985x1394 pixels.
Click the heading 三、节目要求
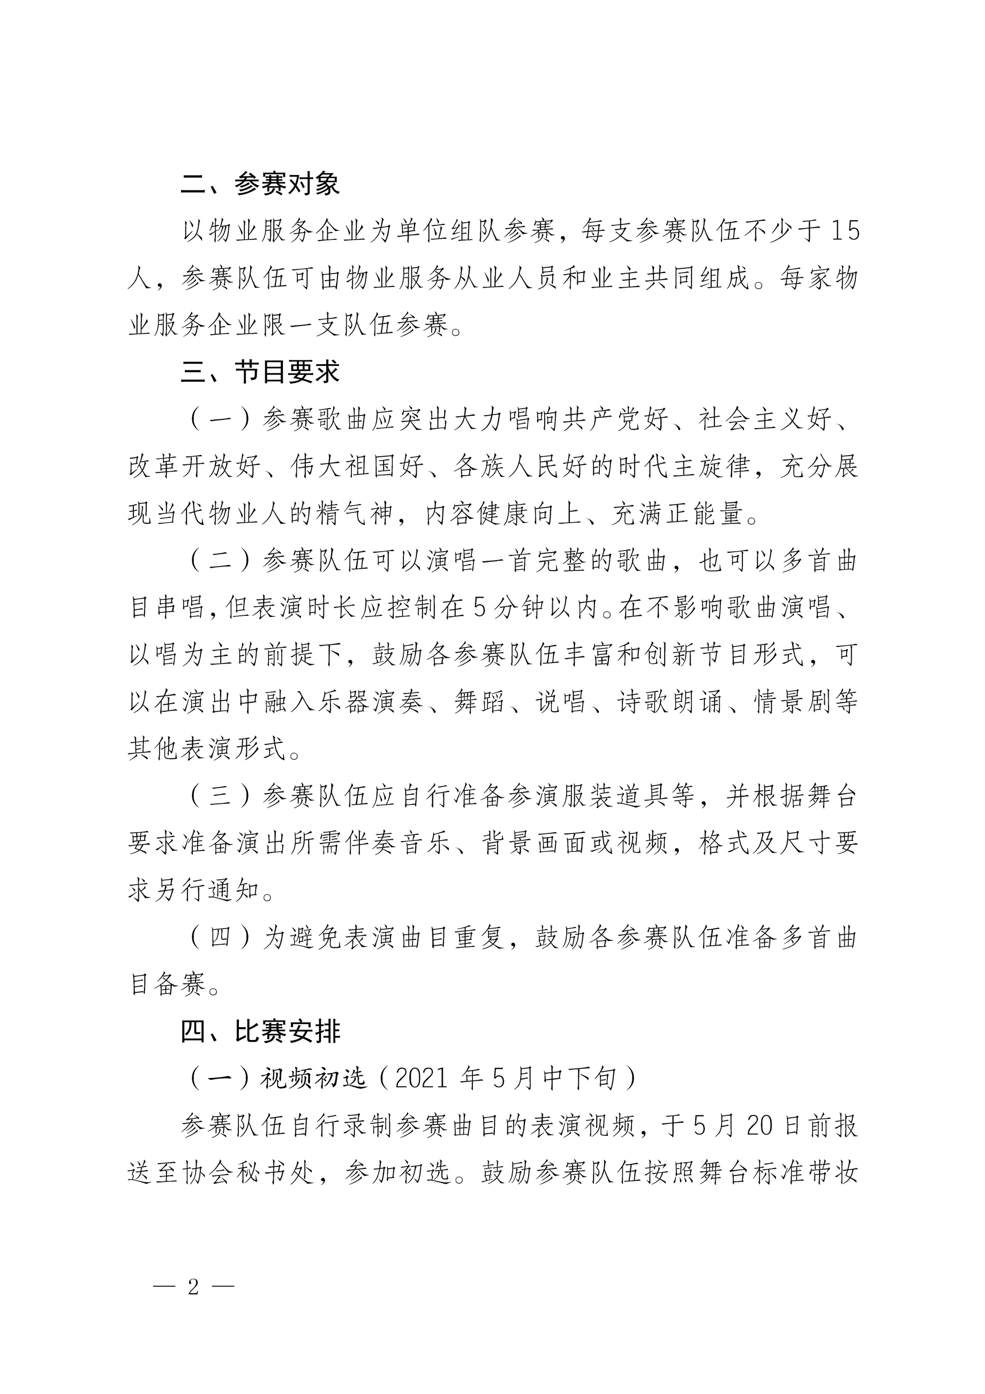click(x=260, y=372)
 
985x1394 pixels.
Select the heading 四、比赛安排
click(x=260, y=1031)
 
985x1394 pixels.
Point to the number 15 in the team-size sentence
click(x=845, y=231)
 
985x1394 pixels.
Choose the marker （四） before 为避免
click(x=220, y=937)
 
